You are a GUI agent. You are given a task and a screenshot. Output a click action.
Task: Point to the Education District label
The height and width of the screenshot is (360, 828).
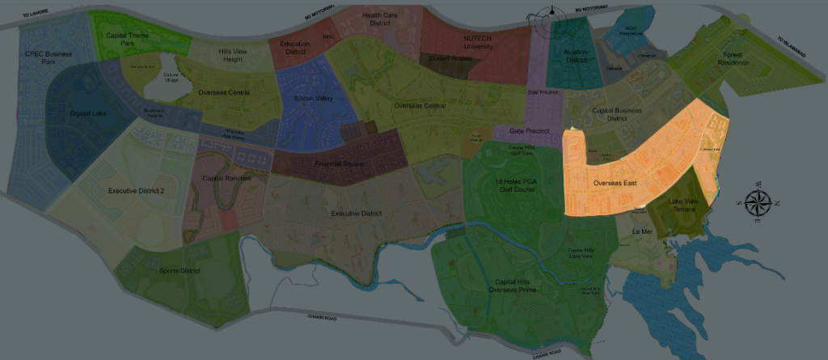(x=295, y=48)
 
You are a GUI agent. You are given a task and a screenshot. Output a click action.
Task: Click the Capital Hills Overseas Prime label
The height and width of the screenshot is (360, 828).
(x=515, y=286)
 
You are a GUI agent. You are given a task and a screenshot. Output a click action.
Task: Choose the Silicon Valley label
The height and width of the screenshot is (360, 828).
(x=313, y=99)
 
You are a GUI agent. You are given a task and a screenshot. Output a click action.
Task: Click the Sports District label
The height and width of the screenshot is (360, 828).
(x=180, y=270)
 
